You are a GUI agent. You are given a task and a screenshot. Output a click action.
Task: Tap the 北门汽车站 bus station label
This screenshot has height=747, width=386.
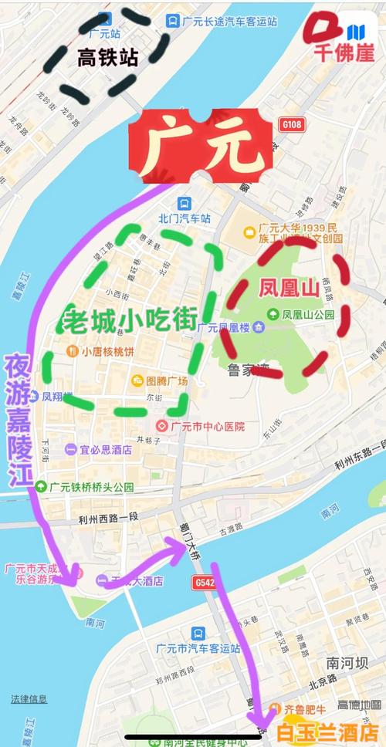pos(184,218)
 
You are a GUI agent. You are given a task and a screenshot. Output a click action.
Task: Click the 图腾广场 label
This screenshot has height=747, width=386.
pos(166,380)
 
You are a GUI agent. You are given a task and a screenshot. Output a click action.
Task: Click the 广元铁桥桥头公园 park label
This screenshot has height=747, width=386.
pos(90,487)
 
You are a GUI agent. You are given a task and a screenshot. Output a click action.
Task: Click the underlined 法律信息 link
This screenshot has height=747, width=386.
pos(29,698)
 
